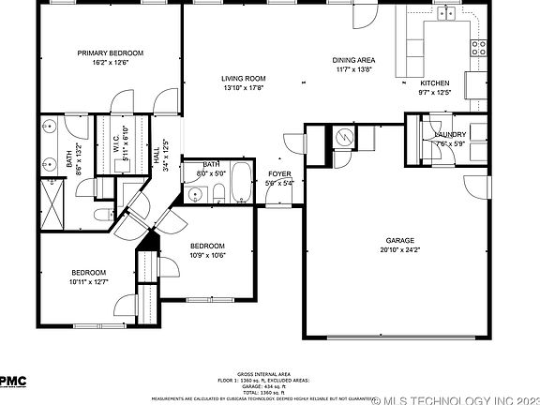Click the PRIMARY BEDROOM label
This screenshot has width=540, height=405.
111,53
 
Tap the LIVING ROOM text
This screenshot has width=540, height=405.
244,79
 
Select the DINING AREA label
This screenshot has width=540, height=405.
353,60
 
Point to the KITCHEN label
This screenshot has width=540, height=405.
434,83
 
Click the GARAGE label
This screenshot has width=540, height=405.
400,240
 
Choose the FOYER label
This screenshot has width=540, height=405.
280,174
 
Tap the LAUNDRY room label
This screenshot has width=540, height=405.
451,135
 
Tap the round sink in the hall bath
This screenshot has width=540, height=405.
196,195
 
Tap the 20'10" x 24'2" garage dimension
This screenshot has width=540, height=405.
400,250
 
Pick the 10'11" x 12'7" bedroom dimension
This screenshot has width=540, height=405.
90,281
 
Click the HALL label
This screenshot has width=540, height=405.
156,150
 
